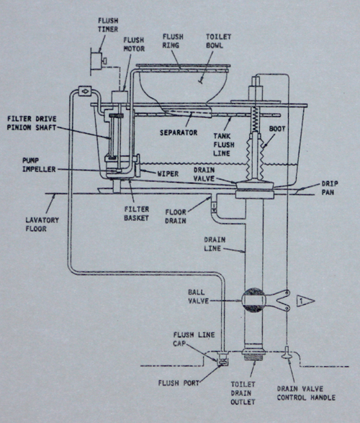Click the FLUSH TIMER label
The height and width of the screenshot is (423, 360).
click(108, 24)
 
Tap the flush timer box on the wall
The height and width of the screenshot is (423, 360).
click(96, 61)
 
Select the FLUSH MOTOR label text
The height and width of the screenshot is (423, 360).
click(134, 45)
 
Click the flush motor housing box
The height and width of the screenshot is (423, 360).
click(120, 97)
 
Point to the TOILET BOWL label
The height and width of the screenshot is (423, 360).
click(215, 41)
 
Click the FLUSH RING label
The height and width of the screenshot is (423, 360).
click(173, 41)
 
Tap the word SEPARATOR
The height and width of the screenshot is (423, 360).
click(179, 132)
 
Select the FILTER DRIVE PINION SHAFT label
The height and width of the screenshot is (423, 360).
click(32, 123)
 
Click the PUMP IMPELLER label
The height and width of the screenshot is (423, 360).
click(39, 165)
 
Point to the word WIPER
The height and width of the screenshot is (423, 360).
click(168, 174)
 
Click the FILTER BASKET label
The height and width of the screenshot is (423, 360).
click(136, 214)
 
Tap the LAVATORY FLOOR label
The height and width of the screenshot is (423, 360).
click(42, 224)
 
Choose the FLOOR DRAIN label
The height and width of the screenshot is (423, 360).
click(176, 217)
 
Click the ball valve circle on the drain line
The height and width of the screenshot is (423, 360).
click(253, 300)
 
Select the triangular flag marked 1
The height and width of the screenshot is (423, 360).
click(305, 301)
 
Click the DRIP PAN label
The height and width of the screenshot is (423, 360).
click(330, 188)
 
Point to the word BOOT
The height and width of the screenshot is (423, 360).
click(277, 129)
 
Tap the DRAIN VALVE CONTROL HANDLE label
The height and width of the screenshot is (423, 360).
click(306, 393)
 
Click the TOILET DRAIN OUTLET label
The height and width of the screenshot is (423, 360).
click(243, 393)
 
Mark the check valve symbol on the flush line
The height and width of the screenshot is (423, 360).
click(85, 91)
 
